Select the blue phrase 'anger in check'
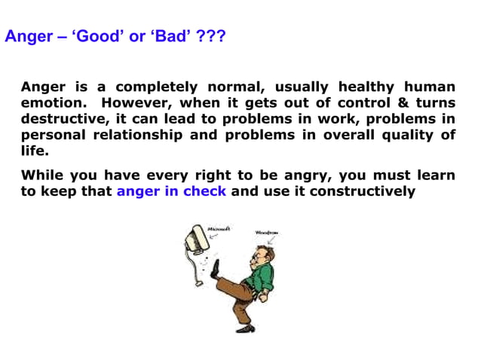point(171,191)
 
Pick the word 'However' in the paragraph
point(133,102)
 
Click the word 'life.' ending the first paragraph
point(33,151)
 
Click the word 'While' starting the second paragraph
point(42,175)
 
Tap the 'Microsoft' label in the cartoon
point(219,228)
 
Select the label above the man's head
point(267,233)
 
